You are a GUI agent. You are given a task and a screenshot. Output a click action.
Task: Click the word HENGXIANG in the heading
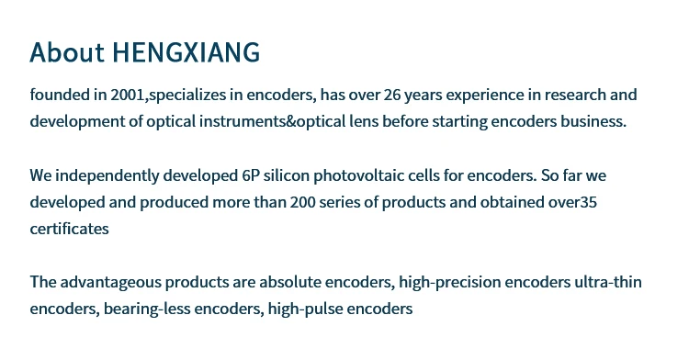pyautogui.click(x=186, y=52)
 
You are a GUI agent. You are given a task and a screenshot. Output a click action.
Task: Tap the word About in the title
pyautogui.click(x=67, y=51)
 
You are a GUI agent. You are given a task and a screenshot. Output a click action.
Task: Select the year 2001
pyautogui.click(x=128, y=95)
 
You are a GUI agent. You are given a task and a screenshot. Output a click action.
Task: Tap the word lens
pyautogui.click(x=364, y=121)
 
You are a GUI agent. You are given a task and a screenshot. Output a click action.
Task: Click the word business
pyautogui.click(x=593, y=121)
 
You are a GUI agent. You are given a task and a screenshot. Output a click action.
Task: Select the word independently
pyautogui.click(x=107, y=176)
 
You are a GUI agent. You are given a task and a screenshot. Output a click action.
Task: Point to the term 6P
pyautogui.click(x=251, y=175)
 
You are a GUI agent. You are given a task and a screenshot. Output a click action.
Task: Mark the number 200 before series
pyautogui.click(x=303, y=202)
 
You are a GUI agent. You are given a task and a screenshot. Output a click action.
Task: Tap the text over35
pyautogui.click(x=572, y=202)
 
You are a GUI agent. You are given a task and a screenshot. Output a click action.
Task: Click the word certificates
pyautogui.click(x=70, y=229)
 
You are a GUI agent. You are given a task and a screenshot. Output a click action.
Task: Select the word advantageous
pyautogui.click(x=111, y=282)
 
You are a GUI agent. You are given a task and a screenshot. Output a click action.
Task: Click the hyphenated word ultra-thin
pyautogui.click(x=608, y=282)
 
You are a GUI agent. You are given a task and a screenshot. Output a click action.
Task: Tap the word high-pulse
pyautogui.click(x=305, y=309)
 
